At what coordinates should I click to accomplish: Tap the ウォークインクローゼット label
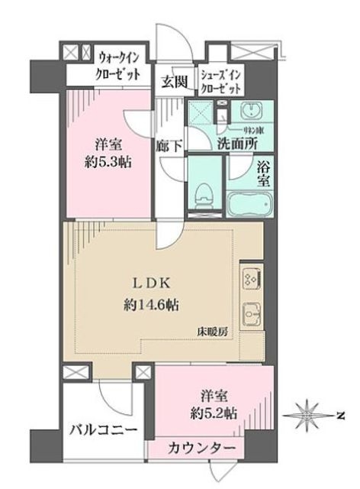click(124, 66)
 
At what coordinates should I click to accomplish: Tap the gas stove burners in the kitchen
click(252, 277)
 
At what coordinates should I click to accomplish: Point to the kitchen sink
click(252, 313)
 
